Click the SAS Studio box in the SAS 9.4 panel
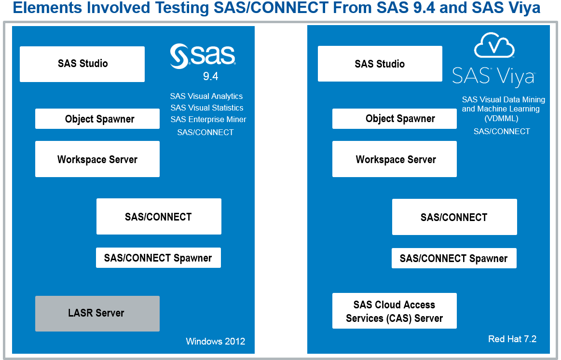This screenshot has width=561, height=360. [x=82, y=64]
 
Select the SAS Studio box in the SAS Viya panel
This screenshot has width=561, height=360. [x=380, y=64]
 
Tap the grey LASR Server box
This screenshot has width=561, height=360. [x=97, y=314]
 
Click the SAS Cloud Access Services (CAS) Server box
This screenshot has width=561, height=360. [x=395, y=311]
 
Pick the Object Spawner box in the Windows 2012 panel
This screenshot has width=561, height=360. [x=97, y=119]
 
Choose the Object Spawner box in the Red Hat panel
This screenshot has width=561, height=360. [x=395, y=118]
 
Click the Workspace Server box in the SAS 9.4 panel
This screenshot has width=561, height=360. [x=97, y=159]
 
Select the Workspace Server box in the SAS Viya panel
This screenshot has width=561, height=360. [x=395, y=159]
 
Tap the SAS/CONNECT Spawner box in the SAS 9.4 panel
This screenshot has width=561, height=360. [x=159, y=258]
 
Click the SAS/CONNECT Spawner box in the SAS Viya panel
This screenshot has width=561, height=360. [x=454, y=258]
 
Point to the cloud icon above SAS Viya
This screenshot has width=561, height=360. [x=494, y=45]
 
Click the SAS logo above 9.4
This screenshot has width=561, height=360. [x=203, y=56]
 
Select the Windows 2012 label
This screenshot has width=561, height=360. [x=216, y=341]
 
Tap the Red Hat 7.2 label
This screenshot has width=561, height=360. [x=512, y=339]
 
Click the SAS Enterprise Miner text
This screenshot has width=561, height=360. [x=208, y=120]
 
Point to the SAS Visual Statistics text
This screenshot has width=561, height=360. [x=207, y=108]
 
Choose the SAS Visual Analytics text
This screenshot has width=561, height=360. [x=206, y=96]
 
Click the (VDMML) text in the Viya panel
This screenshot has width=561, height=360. [x=501, y=118]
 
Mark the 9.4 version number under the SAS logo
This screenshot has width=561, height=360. [x=211, y=76]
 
